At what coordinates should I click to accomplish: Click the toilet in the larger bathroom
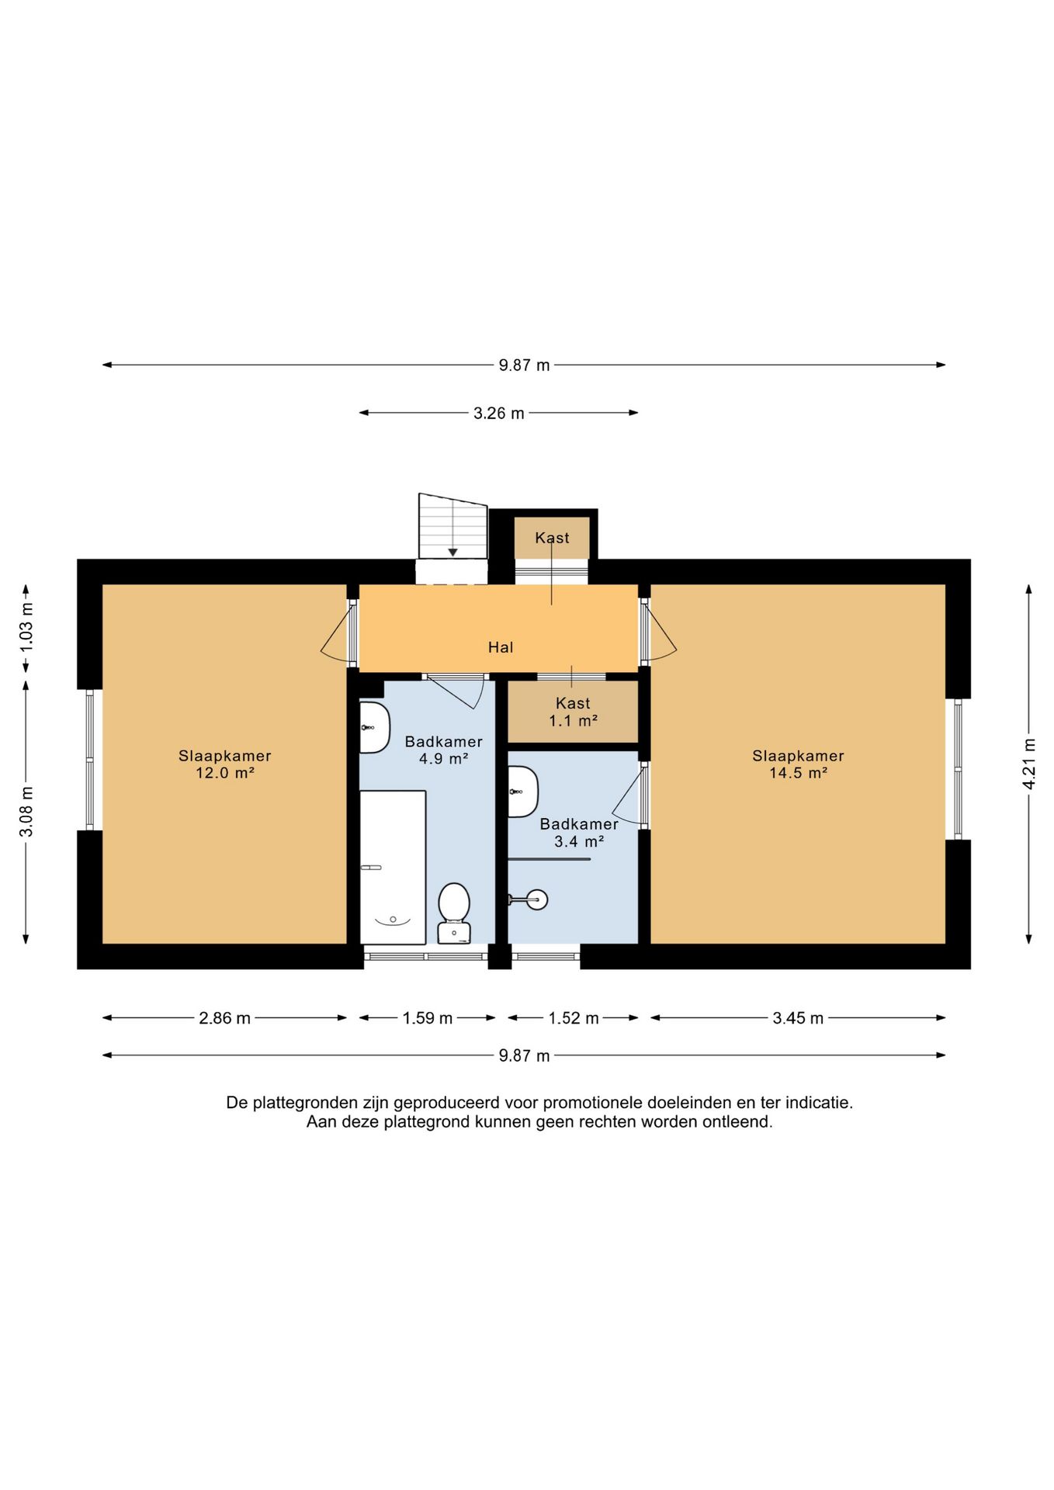click(x=454, y=913)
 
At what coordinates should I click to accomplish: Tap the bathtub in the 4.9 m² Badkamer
click(x=393, y=867)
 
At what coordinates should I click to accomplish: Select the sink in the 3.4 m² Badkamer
click(x=522, y=792)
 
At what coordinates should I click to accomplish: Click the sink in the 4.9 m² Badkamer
click(x=374, y=727)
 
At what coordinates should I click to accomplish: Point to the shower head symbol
click(x=529, y=899)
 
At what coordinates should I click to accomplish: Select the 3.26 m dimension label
click(x=499, y=413)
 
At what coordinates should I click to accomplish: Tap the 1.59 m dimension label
click(x=427, y=1017)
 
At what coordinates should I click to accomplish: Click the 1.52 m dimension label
click(x=574, y=1017)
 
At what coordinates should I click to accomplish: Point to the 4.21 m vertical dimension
click(x=1029, y=764)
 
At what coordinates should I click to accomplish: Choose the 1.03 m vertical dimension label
click(x=26, y=626)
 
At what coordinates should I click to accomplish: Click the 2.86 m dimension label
click(x=225, y=1017)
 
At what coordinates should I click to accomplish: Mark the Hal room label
click(x=501, y=647)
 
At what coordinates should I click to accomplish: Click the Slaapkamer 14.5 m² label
click(x=798, y=764)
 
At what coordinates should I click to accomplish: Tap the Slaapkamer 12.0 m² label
click(x=225, y=764)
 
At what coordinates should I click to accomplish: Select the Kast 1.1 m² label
click(x=574, y=712)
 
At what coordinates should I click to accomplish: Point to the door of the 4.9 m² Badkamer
click(x=456, y=691)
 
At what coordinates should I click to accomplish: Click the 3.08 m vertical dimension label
click(x=26, y=812)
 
